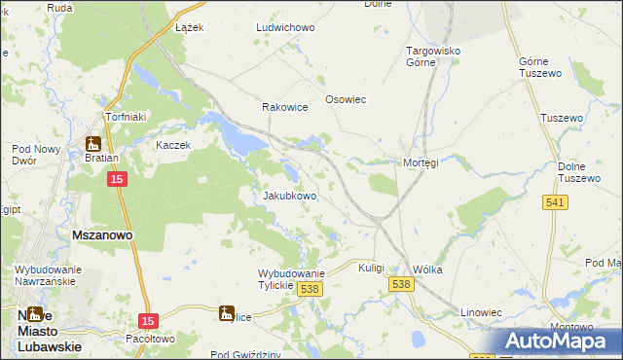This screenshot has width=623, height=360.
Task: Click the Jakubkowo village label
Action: (290, 196)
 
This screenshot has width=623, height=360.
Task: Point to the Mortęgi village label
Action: (421, 162)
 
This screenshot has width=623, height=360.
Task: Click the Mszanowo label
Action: (102, 235)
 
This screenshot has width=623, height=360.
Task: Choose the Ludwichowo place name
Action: (285, 27)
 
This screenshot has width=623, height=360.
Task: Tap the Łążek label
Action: (189, 27)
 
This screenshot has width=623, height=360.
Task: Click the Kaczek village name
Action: (174, 145)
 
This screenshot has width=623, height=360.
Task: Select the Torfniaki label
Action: (126, 117)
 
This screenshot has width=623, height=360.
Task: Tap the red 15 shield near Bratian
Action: (117, 180)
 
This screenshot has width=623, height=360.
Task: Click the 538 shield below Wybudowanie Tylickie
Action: (311, 290)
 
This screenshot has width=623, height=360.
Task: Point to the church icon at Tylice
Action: (226, 313)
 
